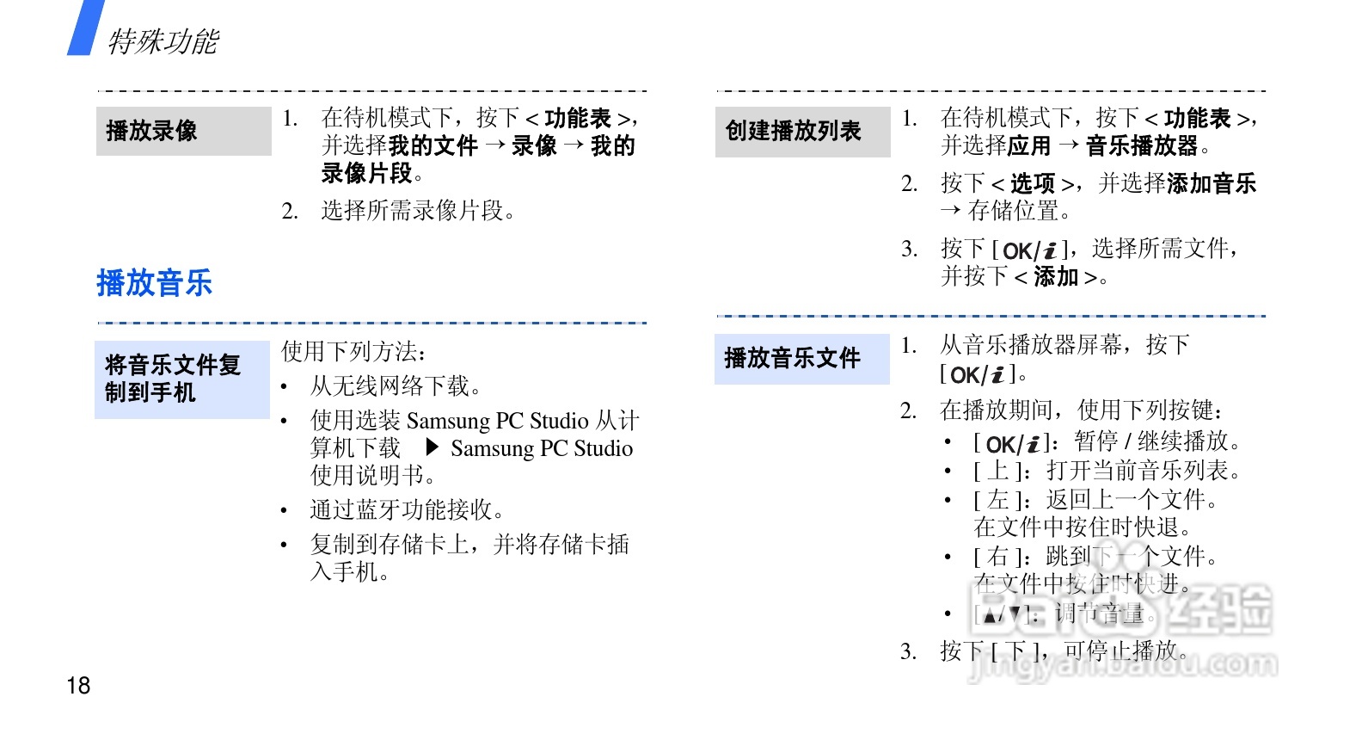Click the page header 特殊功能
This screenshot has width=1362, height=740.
[x=163, y=40]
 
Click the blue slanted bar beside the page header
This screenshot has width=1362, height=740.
[x=85, y=28]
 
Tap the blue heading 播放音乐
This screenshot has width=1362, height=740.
[x=155, y=282]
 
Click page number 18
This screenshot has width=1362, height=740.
[x=78, y=685]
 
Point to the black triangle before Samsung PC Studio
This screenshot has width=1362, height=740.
[x=433, y=447]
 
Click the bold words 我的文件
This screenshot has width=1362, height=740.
[x=433, y=146]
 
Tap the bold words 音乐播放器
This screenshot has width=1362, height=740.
[x=1142, y=146]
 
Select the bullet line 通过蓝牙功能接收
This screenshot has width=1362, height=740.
[x=407, y=509]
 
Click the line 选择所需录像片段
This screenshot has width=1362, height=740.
[x=418, y=211]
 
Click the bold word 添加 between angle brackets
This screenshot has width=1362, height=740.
[x=1056, y=277]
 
